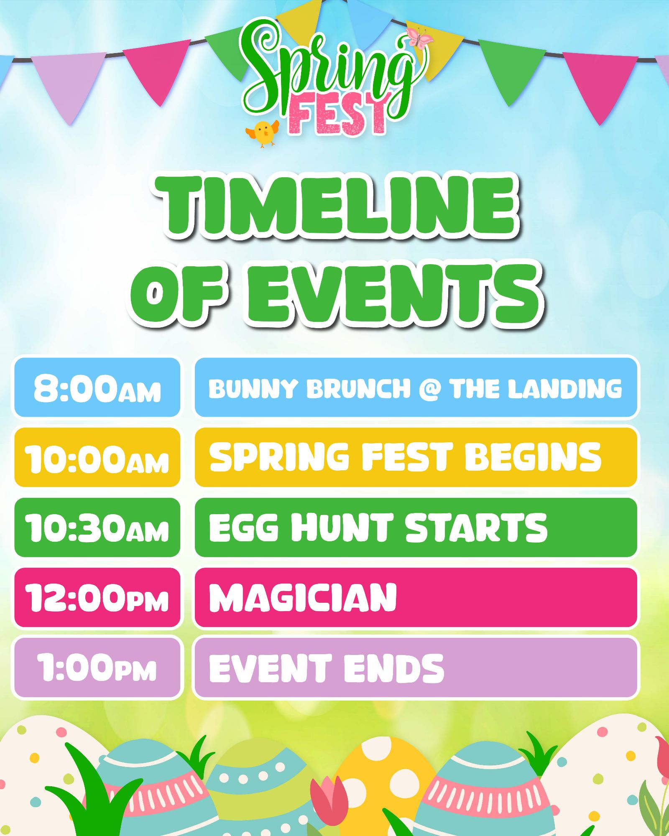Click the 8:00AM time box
click(97, 387)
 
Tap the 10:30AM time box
click(97, 527)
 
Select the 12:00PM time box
click(97, 597)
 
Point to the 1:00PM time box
click(97, 668)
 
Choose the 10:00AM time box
click(97, 457)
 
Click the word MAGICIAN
click(303, 598)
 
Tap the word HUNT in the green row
click(341, 528)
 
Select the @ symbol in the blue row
click(429, 389)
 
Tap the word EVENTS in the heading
click(394, 294)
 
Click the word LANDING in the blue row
click(565, 389)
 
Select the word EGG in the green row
click(244, 528)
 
